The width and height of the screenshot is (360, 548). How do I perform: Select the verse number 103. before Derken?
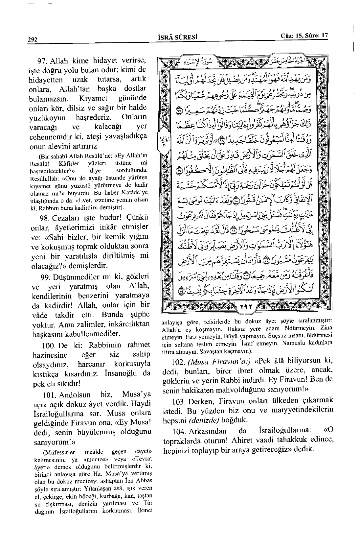coord(179,401)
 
